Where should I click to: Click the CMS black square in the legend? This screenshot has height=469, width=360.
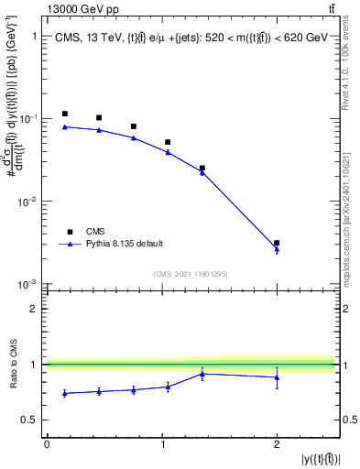tap(66, 232)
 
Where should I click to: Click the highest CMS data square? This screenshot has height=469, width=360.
tap(64, 114)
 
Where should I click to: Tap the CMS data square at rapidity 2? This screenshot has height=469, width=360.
tap(277, 243)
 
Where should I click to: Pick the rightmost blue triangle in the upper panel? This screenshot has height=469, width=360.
tap(277, 249)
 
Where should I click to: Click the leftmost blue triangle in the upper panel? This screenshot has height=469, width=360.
tap(64, 126)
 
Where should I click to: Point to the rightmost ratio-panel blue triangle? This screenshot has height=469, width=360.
tap(277, 376)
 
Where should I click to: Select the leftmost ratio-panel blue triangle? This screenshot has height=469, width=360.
tap(64, 393)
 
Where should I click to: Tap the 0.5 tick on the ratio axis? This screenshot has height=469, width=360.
tap(33, 420)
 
